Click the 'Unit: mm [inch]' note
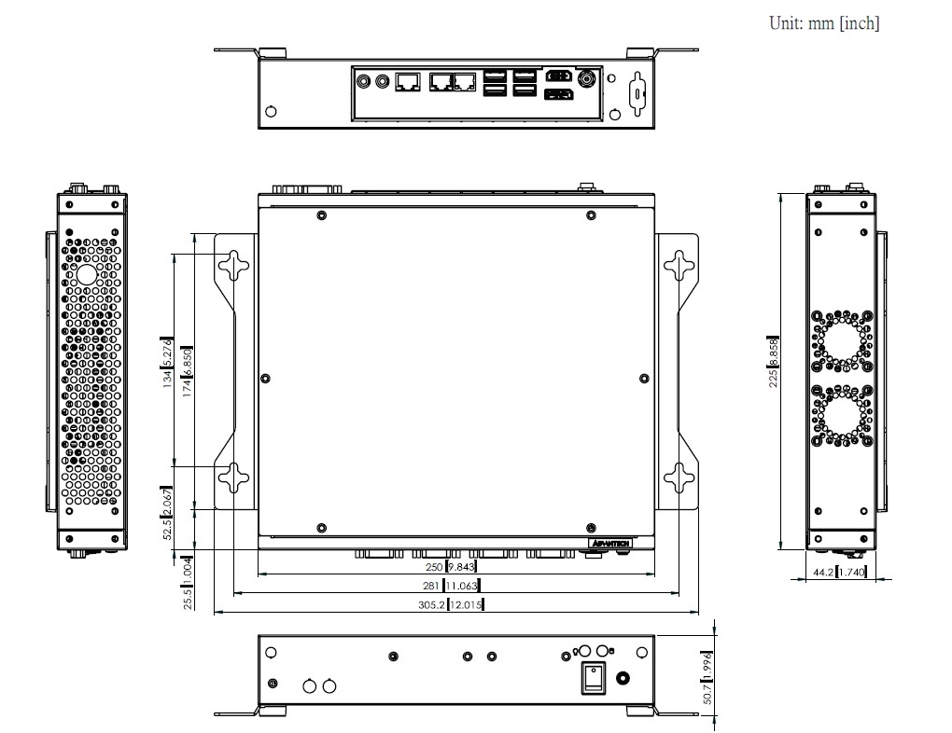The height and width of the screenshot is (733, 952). pyautogui.click(x=823, y=23)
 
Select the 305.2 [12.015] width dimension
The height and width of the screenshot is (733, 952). pyautogui.click(x=449, y=605)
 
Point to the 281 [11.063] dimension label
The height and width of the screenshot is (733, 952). pyautogui.click(x=450, y=586)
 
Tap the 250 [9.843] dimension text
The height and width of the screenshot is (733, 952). pyautogui.click(x=450, y=567)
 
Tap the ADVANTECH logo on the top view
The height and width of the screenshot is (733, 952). pyautogui.click(x=612, y=542)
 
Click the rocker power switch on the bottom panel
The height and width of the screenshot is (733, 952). pyautogui.click(x=595, y=680)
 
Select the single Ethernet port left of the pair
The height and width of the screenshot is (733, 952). pyautogui.click(x=407, y=82)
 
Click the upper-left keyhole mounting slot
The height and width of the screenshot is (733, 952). pyautogui.click(x=234, y=267)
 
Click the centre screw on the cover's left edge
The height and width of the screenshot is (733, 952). pyautogui.click(x=266, y=379)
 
